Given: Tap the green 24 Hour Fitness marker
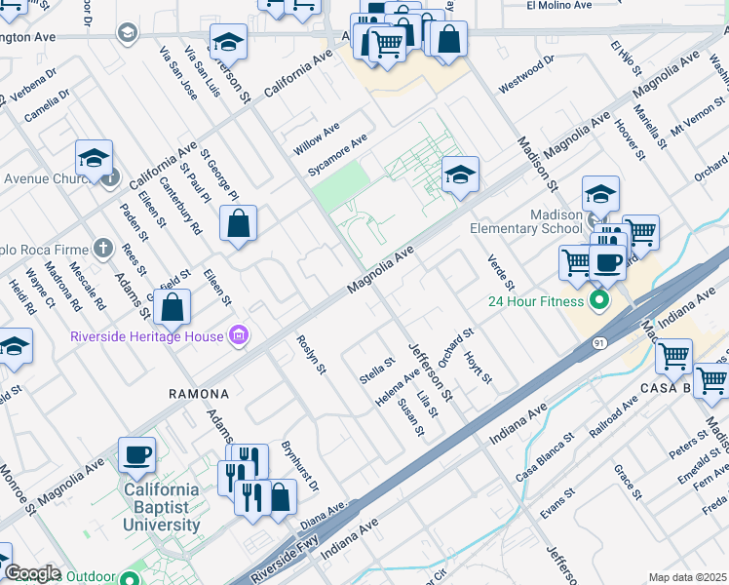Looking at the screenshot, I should tap(598, 299).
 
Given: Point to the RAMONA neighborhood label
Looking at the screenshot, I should tap(199, 394).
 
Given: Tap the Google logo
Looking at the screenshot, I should tap(32, 573).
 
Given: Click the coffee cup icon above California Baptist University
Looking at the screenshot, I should tap(136, 454).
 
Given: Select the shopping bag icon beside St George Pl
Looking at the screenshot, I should tap(238, 225).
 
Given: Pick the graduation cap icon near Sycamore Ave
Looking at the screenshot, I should tap(460, 175).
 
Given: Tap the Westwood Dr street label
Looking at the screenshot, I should tap(526, 74).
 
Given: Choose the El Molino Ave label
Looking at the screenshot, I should tap(559, 5).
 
